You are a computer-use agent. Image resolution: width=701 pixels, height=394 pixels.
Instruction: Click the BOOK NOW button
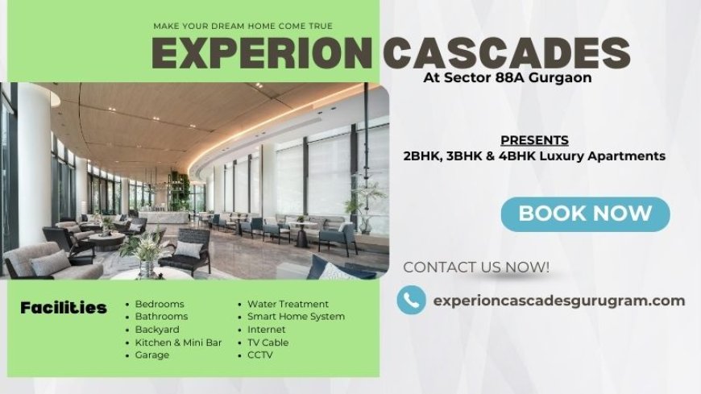click(585, 214)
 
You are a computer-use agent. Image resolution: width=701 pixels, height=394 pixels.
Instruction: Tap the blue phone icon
click(411, 301)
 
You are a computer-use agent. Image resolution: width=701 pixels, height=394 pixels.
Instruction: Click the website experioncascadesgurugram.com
click(558, 301)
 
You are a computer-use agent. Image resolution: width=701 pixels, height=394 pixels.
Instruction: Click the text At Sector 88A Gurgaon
click(507, 78)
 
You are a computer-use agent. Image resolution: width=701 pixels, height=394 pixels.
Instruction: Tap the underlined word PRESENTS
click(534, 139)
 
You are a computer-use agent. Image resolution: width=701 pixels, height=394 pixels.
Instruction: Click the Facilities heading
click(64, 308)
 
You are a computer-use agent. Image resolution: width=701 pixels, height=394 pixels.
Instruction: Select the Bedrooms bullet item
click(160, 304)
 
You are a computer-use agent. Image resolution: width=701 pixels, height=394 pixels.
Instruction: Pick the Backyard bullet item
click(158, 330)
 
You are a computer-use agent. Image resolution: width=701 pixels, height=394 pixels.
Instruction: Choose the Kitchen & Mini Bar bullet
click(178, 342)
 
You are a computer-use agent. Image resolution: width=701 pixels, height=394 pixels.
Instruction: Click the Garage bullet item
click(152, 355)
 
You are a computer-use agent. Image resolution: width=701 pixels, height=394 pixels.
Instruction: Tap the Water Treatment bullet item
click(288, 304)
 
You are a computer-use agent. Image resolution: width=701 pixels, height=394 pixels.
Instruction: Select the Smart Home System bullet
click(296, 317)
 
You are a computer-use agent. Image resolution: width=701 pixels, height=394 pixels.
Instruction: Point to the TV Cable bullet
click(268, 342)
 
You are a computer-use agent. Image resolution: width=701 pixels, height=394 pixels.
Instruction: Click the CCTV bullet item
click(260, 355)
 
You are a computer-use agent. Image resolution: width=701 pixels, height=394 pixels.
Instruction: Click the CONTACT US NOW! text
click(476, 267)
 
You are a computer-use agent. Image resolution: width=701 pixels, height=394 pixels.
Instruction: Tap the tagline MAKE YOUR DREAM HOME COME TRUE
click(243, 27)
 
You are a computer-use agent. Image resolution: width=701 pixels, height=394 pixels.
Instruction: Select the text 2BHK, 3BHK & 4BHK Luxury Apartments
click(534, 156)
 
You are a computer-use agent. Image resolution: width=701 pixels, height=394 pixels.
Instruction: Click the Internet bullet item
click(267, 330)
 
